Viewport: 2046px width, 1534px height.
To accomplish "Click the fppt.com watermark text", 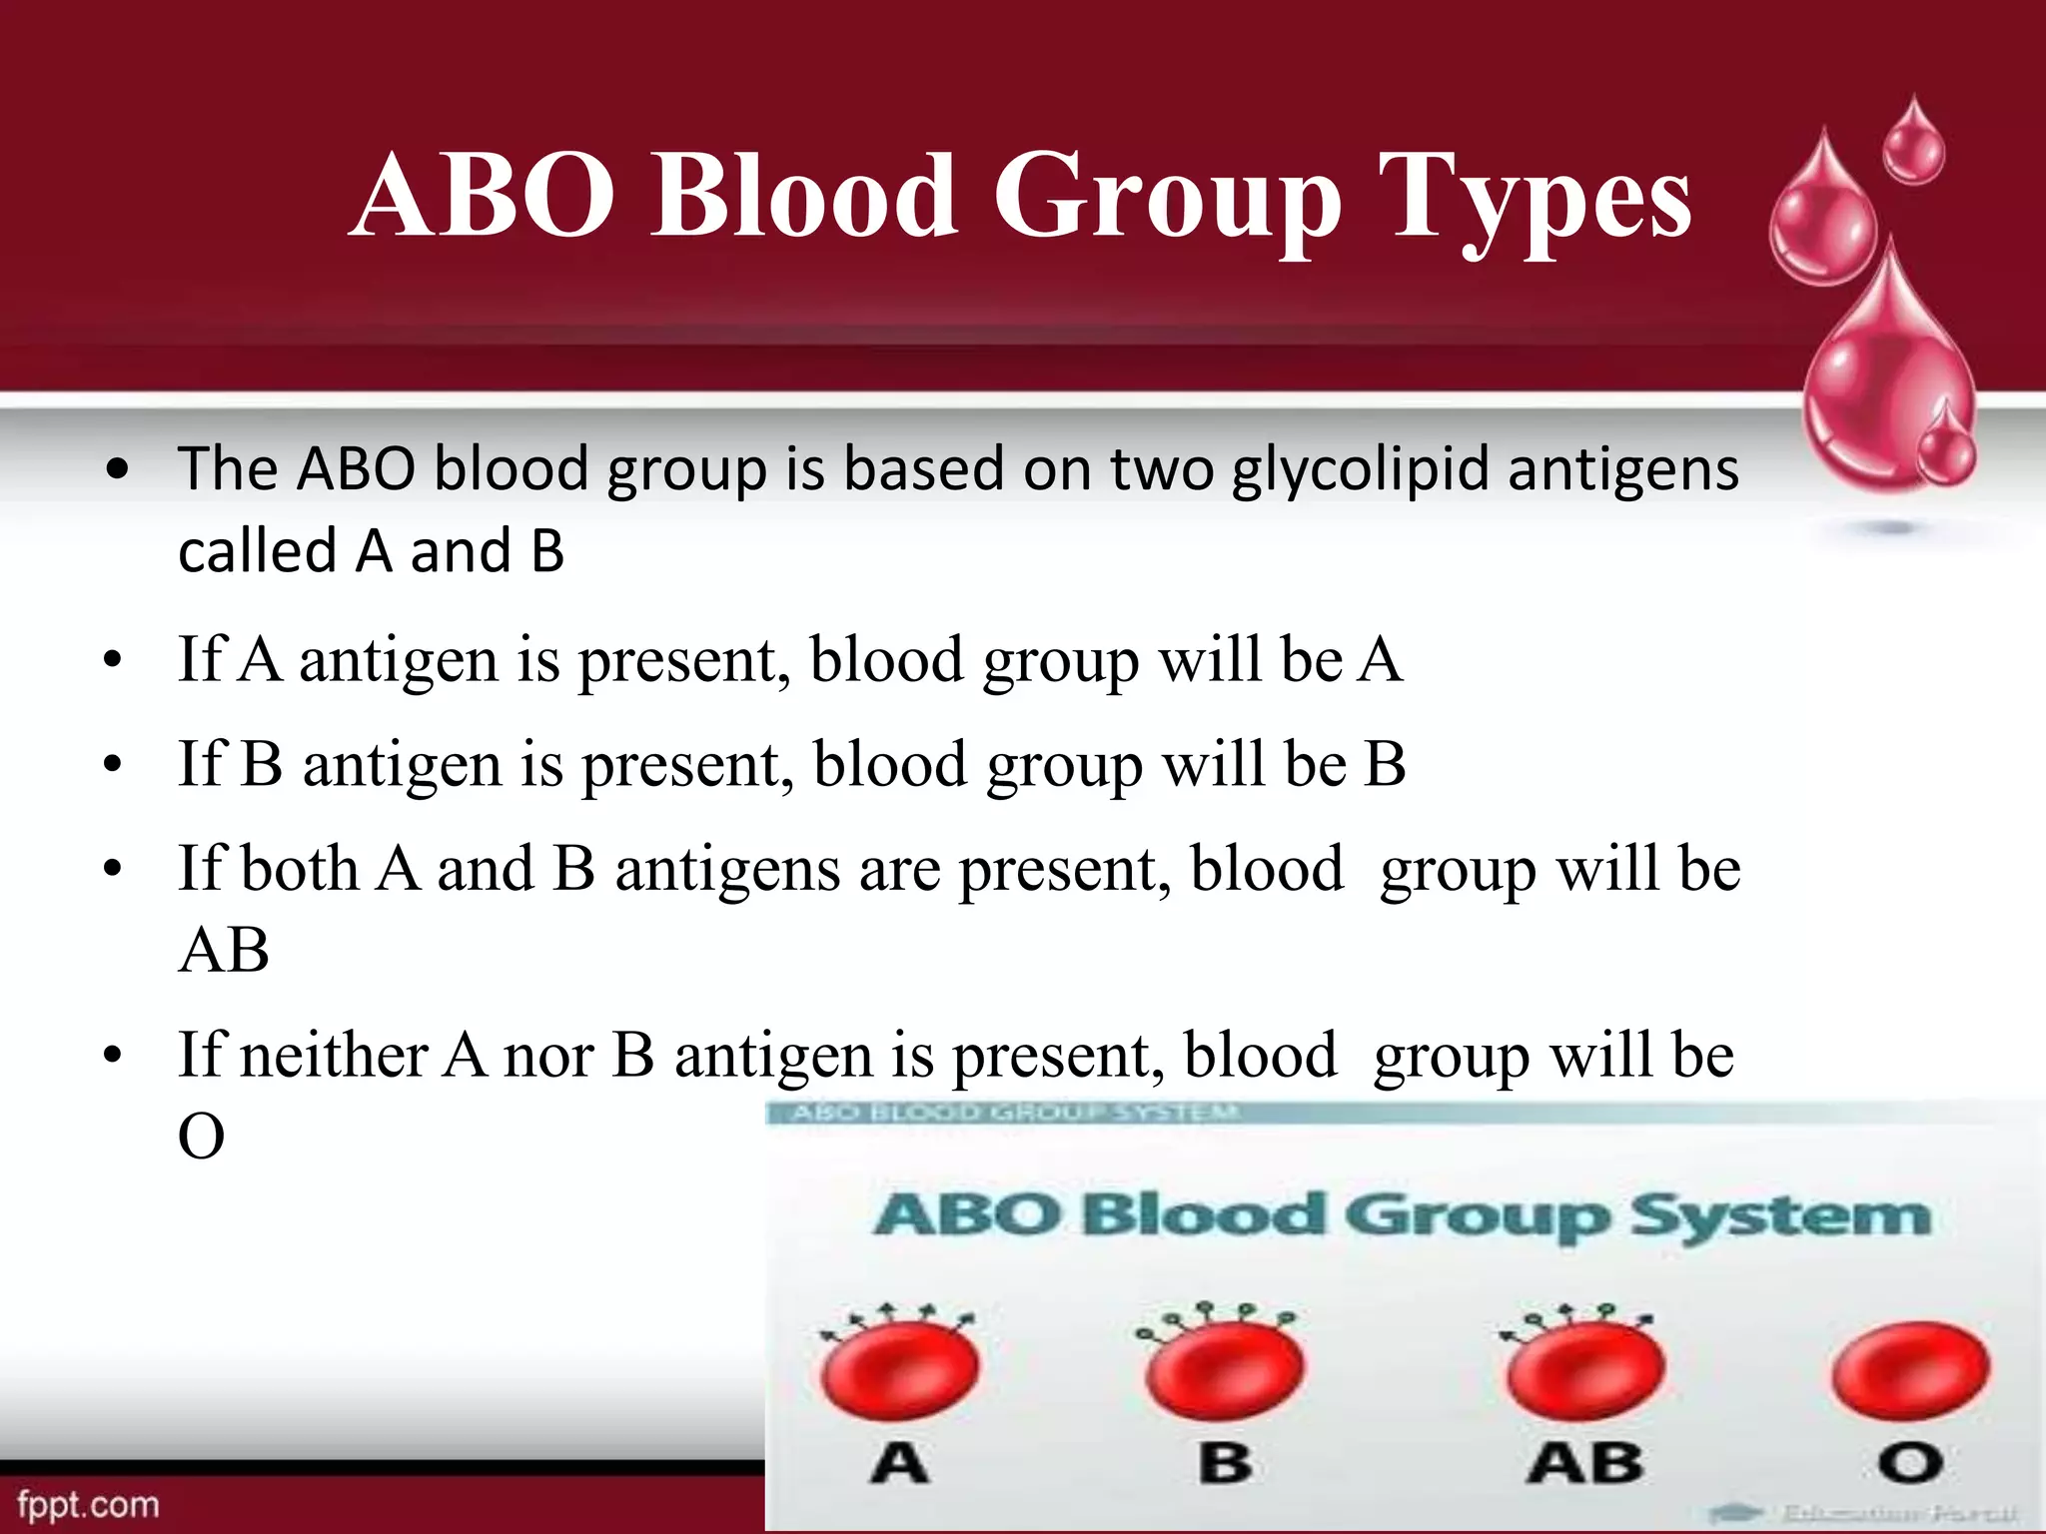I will click(88, 1504).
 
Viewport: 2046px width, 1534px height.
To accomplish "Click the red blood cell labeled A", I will click(899, 1368).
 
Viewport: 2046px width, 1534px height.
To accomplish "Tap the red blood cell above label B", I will click(1225, 1368).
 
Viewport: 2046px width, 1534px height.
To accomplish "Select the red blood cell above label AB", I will click(1585, 1368).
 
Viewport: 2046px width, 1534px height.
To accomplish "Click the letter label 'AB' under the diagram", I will click(1585, 1464).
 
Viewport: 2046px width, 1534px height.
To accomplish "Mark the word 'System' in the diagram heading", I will click(1780, 1216).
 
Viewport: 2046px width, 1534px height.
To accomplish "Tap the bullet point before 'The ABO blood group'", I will click(118, 469).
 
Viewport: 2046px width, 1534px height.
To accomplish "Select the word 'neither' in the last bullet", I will click(334, 1055).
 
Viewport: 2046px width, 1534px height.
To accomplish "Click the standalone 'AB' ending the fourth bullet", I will click(224, 950).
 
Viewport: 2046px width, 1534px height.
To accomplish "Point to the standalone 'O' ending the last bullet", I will click(201, 1137).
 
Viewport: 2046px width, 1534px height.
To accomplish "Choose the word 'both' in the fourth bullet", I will click(298, 868).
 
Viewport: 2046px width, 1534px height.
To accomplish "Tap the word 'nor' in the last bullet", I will click(548, 1057).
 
